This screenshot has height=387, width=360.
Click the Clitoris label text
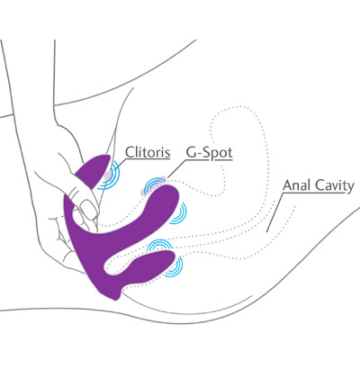pyautogui.click(x=148, y=152)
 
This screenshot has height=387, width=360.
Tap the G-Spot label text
pyautogui.click(x=210, y=153)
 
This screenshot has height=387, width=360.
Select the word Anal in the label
pyautogui.click(x=297, y=185)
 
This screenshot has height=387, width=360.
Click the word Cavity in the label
pyautogui.click(x=335, y=186)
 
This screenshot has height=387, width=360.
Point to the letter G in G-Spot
pyautogui.click(x=191, y=152)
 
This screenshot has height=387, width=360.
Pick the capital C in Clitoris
pyautogui.click(x=130, y=152)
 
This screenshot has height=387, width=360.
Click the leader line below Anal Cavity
pyautogui.click(x=274, y=212)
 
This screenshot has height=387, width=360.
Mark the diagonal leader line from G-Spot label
pyautogui.click(x=177, y=168)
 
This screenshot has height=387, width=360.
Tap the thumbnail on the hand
pyautogui.click(x=88, y=209)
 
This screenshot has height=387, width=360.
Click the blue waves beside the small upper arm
pyautogui.click(x=111, y=177)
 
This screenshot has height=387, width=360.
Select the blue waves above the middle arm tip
pyautogui.click(x=153, y=186)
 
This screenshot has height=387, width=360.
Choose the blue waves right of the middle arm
pyautogui.click(x=179, y=213)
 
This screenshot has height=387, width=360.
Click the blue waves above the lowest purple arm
pyautogui.click(x=159, y=245)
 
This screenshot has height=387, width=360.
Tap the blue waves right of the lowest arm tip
pyautogui.click(x=175, y=266)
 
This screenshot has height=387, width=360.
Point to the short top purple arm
pyautogui.click(x=94, y=171)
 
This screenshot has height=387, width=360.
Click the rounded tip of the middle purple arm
pyautogui.click(x=169, y=196)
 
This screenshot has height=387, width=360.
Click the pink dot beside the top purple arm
pyautogui.click(x=107, y=175)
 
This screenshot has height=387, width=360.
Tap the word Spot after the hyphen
pyautogui.click(x=218, y=153)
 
